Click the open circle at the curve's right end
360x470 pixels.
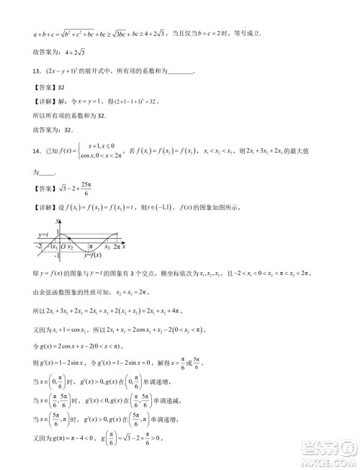pyautogui.click(x=117, y=234)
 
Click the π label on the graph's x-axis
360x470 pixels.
pyautogui.click(x=89, y=246)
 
